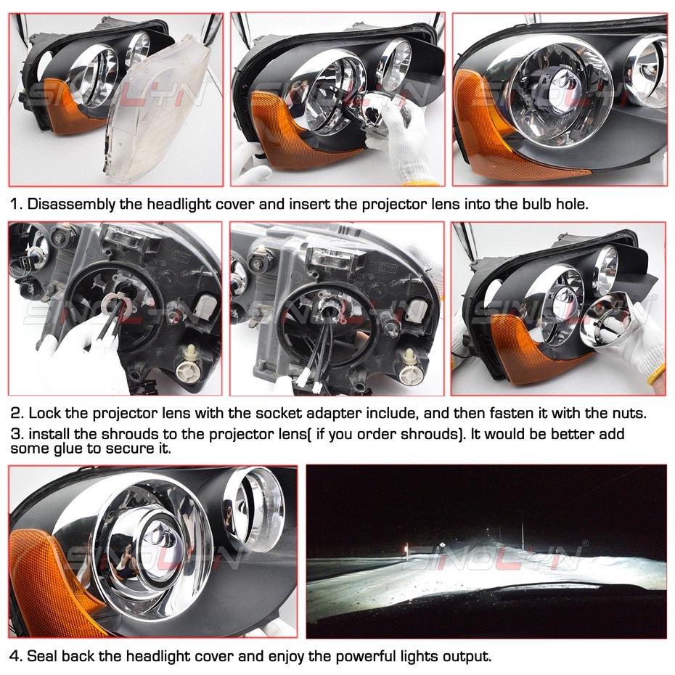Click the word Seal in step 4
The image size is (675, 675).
coord(44,656)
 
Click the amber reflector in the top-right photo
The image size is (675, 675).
coord(501,134)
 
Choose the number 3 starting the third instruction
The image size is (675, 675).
coord(15,433)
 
